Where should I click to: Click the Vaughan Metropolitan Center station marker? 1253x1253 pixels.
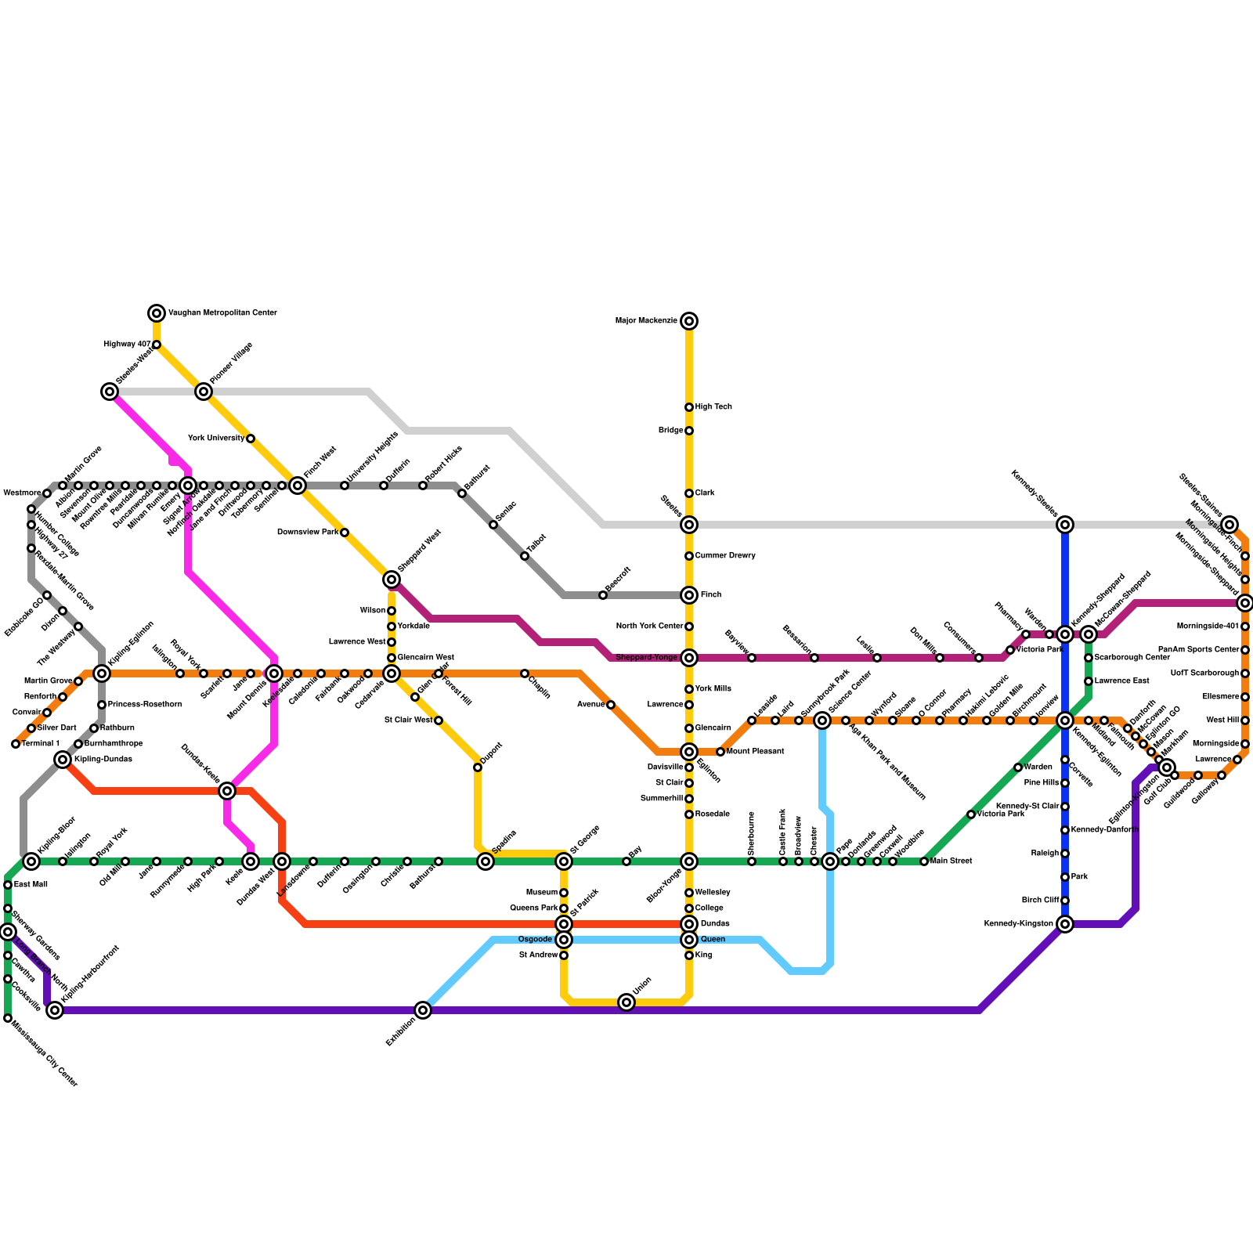(157, 313)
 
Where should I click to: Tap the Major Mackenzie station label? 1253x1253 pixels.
(646, 321)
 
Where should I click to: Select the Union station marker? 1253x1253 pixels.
(626, 1002)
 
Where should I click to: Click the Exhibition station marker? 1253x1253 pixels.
(423, 1010)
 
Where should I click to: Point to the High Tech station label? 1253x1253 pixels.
(713, 407)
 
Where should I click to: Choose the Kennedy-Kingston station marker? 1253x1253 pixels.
(1065, 924)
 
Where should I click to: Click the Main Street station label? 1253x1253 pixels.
(951, 861)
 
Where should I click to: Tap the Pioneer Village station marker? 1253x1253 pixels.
(204, 392)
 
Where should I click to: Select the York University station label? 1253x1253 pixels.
(216, 439)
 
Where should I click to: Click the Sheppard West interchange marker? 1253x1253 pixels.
(392, 580)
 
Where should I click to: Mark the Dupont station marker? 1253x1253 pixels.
(478, 767)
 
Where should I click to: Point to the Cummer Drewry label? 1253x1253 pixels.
(725, 556)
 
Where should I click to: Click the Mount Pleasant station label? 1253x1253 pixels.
(756, 752)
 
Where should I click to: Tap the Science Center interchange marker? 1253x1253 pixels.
(822, 720)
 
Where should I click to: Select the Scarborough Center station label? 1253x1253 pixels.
(1132, 658)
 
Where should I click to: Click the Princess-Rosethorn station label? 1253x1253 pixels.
(145, 705)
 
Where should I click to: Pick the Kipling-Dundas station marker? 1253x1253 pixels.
(63, 760)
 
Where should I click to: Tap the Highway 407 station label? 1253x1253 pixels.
(128, 345)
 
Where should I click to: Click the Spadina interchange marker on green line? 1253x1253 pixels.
(486, 861)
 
